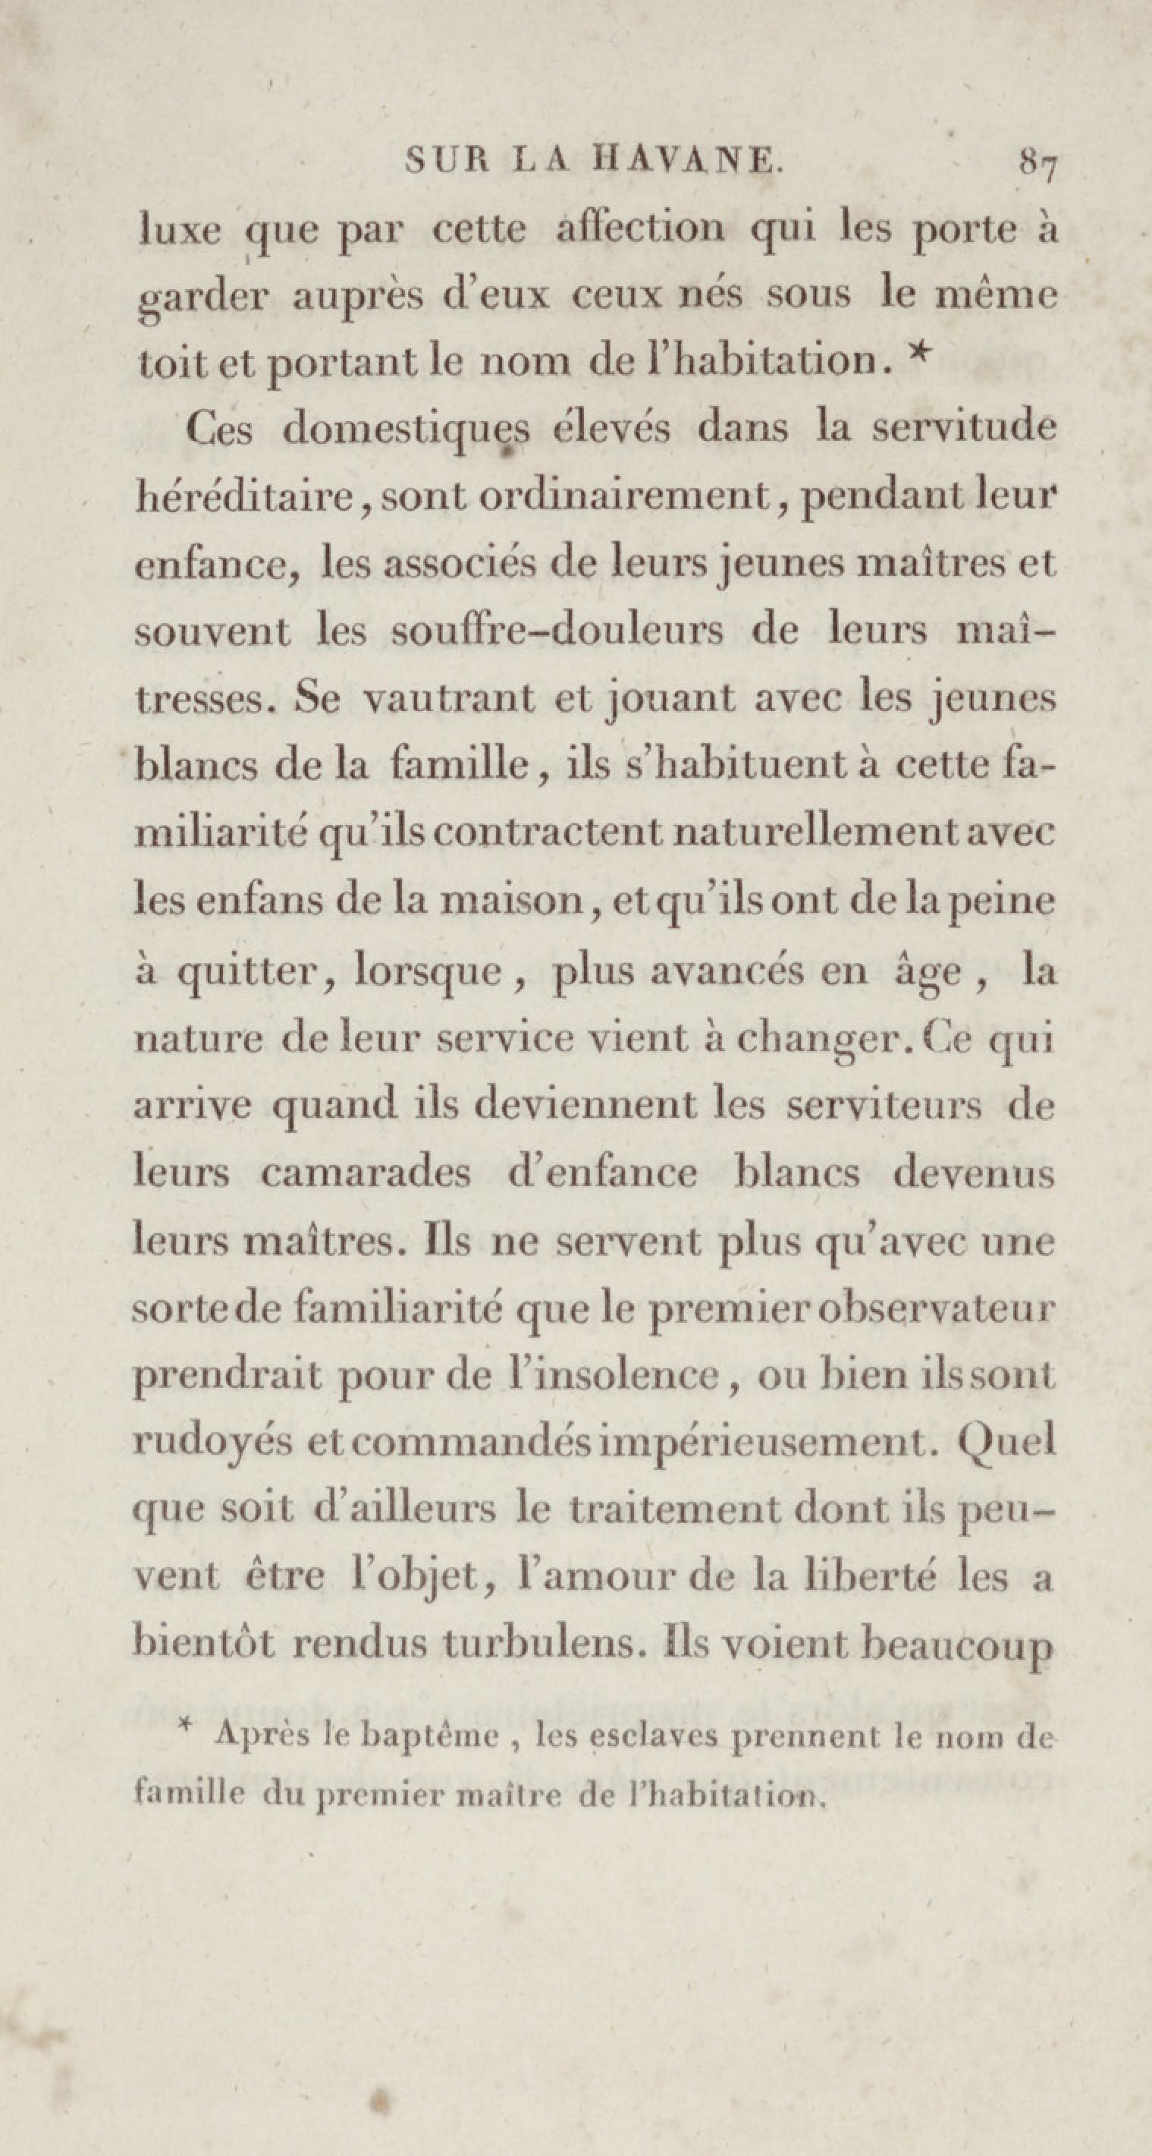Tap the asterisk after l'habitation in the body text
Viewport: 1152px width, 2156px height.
[918, 354]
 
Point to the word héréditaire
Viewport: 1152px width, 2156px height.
[243, 499]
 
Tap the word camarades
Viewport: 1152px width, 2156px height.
[366, 1173]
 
